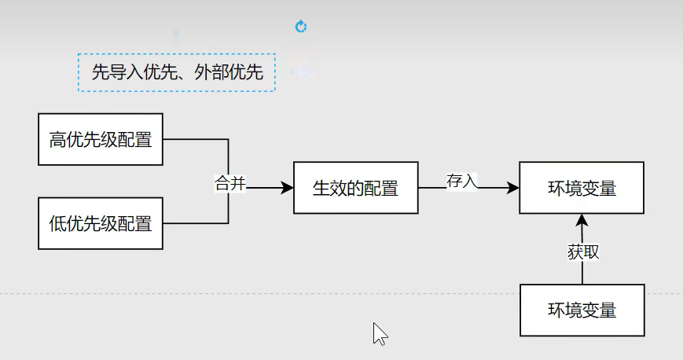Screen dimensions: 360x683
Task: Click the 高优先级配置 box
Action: (101, 140)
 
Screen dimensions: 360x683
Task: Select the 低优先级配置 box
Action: (101, 223)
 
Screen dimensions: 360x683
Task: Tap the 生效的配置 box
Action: (355, 189)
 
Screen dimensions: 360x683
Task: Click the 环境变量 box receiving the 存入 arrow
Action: (582, 188)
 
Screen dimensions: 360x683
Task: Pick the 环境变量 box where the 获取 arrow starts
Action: (582, 310)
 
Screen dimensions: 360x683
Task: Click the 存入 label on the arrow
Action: (462, 180)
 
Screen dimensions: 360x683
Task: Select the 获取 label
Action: (583, 252)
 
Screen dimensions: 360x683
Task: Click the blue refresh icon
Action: (300, 27)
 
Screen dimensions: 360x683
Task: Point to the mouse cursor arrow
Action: (379, 332)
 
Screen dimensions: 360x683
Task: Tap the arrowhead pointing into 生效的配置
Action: (287, 189)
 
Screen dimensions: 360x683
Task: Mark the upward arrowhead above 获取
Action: (582, 219)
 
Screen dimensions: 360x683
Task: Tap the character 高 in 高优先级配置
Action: (57, 141)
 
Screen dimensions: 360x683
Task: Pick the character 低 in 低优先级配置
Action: (57, 223)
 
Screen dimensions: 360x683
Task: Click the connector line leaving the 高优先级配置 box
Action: (196, 140)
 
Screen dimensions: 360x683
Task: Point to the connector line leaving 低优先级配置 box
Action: (196, 223)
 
